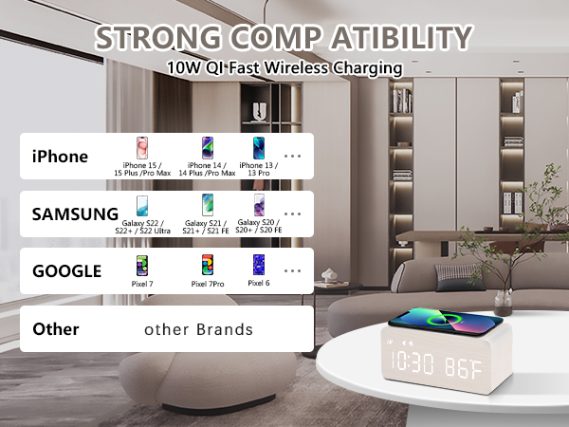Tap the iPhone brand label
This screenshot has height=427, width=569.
pyautogui.click(x=60, y=157)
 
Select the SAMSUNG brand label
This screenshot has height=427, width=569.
pyautogui.click(x=75, y=213)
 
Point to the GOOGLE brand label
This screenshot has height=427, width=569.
pyautogui.click(x=66, y=271)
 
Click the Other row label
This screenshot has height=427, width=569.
pyautogui.click(x=56, y=329)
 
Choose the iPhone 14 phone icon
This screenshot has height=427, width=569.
pyautogui.click(x=207, y=149)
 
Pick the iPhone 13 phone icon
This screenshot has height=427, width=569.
pyautogui.click(x=258, y=149)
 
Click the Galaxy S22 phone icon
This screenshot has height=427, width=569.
pyautogui.click(x=142, y=206)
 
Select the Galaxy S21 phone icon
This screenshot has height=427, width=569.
pyautogui.click(x=208, y=206)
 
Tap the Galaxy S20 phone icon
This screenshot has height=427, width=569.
pyautogui.click(x=258, y=206)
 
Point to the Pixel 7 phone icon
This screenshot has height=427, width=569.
pyautogui.click(x=142, y=264)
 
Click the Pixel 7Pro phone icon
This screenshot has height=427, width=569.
pyautogui.click(x=207, y=264)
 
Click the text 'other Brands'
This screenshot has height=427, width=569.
pyautogui.click(x=198, y=330)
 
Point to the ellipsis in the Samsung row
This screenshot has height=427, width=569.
pyautogui.click(x=293, y=213)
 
